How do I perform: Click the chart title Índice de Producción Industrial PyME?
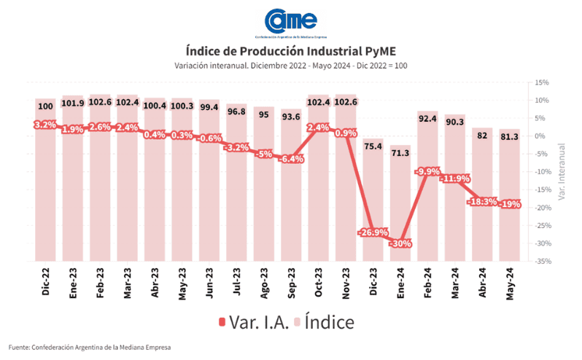pos(290,51)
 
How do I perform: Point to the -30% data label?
pos(400,243)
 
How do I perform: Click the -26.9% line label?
pos(372,232)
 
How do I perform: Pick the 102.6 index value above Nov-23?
pos(345,103)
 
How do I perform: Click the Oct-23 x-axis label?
pos(319,281)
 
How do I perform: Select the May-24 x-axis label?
pos(510,281)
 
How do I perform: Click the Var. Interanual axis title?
pos(562,171)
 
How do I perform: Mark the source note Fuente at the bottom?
pos(90,348)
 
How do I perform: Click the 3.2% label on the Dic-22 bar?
pos(45,125)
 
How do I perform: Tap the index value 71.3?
pos(400,154)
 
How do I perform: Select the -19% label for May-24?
pos(510,205)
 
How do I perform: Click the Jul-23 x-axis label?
pos(237,281)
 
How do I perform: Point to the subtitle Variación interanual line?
pos(290,66)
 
